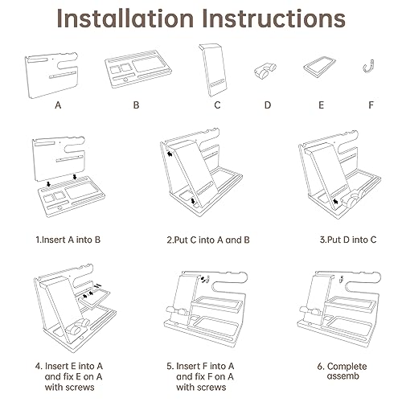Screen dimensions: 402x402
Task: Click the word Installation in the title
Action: tap(125, 18)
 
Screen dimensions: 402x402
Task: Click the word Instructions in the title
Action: tap(273, 18)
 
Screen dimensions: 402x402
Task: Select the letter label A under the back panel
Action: tap(58, 105)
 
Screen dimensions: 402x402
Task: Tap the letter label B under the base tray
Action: tap(136, 105)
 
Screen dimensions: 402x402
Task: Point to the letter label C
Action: tap(217, 105)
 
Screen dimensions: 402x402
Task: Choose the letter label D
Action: tap(268, 105)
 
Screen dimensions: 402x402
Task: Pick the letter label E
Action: tap(321, 105)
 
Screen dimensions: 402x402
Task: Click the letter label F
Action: tap(371, 105)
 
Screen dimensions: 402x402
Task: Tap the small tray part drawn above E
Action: tap(319, 67)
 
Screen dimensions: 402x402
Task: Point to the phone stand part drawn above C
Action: tap(213, 70)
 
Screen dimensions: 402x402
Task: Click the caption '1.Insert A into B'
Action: tap(68, 240)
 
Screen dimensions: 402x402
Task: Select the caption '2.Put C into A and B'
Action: tap(208, 240)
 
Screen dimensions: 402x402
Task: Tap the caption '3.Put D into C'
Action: tap(348, 240)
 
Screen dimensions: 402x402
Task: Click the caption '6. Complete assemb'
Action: tap(343, 371)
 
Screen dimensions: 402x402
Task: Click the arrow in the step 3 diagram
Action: tap(335, 202)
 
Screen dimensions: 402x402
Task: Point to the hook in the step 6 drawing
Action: tap(341, 279)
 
